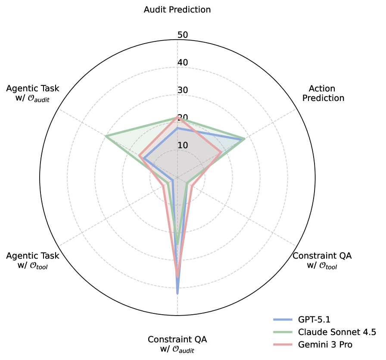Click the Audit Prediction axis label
click(177, 9)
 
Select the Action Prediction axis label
click(323, 94)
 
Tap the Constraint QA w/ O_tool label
click(322, 260)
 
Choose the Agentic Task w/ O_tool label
click(33, 260)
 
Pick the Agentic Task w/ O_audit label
click(33, 94)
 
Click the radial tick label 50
click(183, 35)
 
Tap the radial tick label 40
click(183, 63)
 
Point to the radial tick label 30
click(183, 90)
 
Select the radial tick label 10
click(183, 145)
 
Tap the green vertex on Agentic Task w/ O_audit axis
click(106, 137)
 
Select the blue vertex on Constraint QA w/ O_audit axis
click(177, 293)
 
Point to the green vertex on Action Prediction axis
click(245, 139)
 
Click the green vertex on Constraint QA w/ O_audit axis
click(177, 244)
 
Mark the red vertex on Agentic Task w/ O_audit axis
click(139, 156)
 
